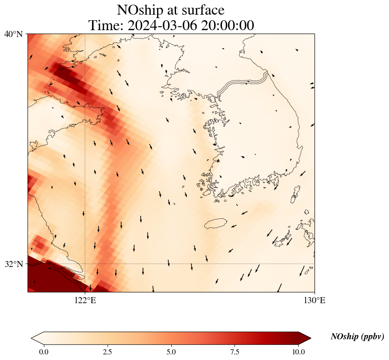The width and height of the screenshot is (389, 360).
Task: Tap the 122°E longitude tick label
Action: (85, 301)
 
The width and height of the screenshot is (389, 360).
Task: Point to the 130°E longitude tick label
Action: (315, 301)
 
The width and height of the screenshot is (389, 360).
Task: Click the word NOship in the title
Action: (140, 10)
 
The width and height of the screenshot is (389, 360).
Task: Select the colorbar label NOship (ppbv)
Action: (357, 337)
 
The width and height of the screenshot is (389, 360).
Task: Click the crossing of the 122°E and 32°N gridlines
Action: (85, 264)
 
